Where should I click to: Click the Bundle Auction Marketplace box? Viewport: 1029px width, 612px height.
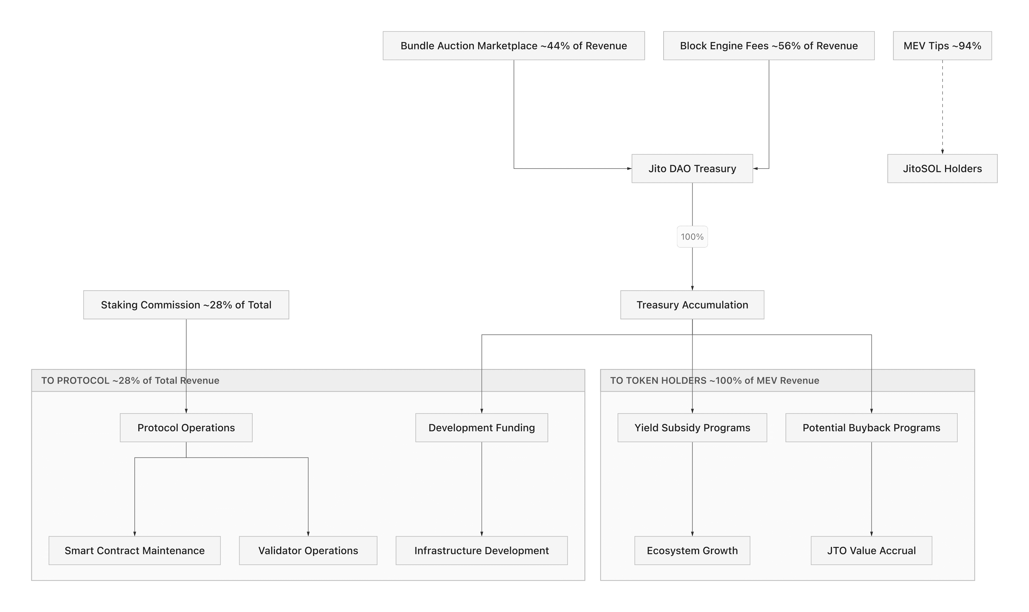(x=513, y=46)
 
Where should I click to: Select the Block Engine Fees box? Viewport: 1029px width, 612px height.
(x=769, y=46)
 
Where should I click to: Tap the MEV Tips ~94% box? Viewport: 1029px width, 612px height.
(x=942, y=46)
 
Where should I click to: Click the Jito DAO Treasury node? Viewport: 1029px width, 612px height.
(x=692, y=169)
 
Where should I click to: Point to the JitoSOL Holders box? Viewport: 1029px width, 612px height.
(x=942, y=169)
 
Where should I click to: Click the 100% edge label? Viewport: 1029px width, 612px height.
(x=692, y=237)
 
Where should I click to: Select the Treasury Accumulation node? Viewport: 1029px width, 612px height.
(x=692, y=305)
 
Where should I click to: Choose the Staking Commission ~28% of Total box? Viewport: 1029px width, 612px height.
(x=186, y=305)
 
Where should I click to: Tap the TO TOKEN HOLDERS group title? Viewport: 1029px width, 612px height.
(x=714, y=380)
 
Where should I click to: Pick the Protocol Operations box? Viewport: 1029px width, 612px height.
(x=186, y=428)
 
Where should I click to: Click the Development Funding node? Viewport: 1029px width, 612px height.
(x=481, y=428)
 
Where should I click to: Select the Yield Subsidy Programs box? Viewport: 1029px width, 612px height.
(x=692, y=428)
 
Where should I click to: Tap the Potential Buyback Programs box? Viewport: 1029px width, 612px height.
(x=871, y=428)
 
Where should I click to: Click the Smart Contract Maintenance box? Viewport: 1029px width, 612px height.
(x=134, y=550)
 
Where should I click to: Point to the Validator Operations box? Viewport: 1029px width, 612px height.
(x=308, y=550)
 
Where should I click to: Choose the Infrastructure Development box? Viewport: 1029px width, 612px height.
(x=481, y=550)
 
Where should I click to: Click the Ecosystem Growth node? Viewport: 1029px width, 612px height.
(x=692, y=550)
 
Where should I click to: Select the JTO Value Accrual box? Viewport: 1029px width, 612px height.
(x=871, y=550)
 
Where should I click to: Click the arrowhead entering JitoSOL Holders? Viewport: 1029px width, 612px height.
(x=942, y=152)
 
